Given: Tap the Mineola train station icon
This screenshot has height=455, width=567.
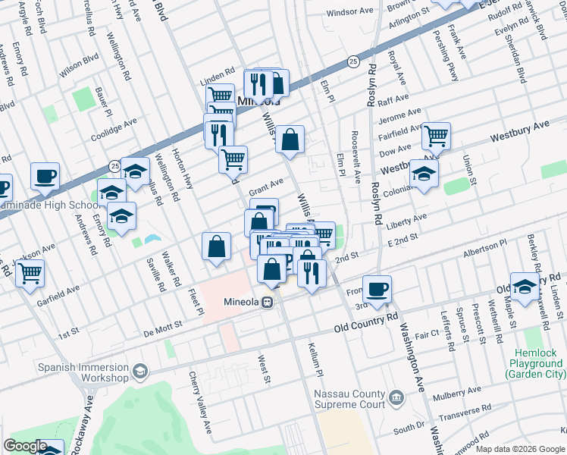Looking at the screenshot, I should tap(267, 302).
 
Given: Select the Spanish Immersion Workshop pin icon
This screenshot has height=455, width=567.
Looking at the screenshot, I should tap(139, 371).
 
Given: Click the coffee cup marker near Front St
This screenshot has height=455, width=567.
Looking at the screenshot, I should tap(377, 288).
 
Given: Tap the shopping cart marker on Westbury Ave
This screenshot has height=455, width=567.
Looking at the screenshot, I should tap(436, 136).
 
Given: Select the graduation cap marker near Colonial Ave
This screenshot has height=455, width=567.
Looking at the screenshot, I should tap(424, 173).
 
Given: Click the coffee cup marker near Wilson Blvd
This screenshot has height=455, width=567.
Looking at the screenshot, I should tap(45, 176).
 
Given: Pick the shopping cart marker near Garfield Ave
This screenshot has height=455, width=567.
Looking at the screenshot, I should tap(30, 273).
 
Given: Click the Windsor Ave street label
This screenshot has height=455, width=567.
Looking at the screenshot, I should tap(350, 12).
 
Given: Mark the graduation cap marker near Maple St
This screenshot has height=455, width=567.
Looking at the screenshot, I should tap(525, 286).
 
